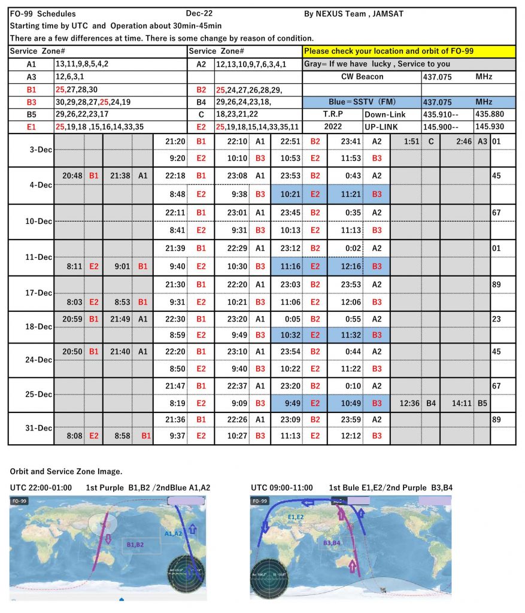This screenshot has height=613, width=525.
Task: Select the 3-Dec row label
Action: coord(31,150)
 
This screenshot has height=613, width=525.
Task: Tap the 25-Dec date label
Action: coord(31,394)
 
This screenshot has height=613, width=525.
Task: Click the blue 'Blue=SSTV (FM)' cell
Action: coord(362,102)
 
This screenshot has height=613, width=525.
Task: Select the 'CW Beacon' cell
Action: coord(362,77)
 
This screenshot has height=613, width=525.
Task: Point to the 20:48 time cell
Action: coord(73,175)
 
